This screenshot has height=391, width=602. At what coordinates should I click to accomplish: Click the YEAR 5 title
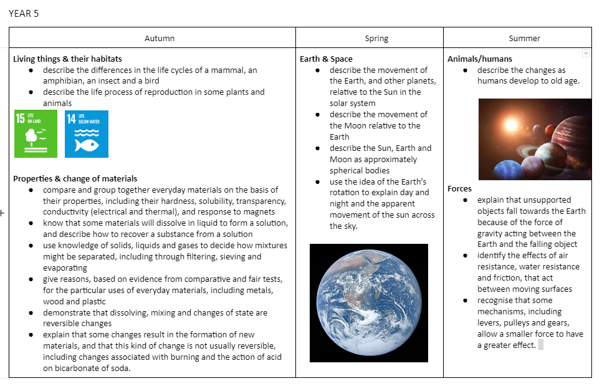click(24, 13)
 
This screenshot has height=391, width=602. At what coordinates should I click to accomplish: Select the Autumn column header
click(159, 38)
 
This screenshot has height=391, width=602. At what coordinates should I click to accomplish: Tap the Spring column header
click(376, 38)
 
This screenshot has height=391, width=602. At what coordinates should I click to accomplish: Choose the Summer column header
click(524, 38)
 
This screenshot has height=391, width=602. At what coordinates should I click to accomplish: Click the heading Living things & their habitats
click(67, 59)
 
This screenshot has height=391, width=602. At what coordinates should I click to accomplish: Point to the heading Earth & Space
click(326, 59)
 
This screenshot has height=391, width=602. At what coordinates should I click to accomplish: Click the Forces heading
click(459, 188)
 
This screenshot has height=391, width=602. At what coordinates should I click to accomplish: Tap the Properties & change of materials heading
click(75, 178)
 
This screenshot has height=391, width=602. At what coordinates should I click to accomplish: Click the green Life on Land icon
click(36, 133)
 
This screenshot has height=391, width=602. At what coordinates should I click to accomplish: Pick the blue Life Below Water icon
click(87, 133)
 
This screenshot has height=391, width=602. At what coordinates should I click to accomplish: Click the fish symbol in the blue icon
click(87, 145)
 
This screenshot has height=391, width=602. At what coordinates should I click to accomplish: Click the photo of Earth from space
click(368, 302)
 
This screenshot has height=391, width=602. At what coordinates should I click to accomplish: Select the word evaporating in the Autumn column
click(65, 268)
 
